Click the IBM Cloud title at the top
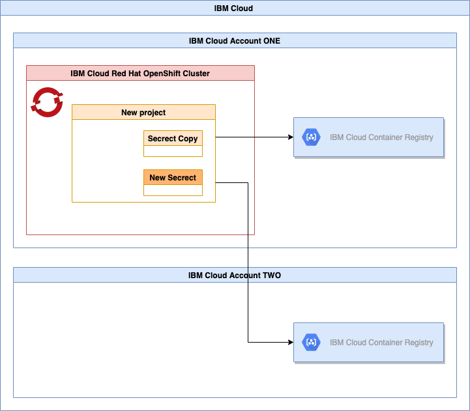pos(234,8)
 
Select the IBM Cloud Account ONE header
pos(234,40)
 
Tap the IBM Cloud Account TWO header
pos(234,276)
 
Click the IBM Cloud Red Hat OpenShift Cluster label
pos(140,73)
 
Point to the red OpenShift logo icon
pos(46,102)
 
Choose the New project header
pos(143,112)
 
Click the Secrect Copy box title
pos(173,139)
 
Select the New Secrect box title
pos(173,177)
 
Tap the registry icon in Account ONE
pos(311,137)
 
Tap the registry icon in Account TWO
pos(311,342)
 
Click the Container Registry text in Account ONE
pos(381,137)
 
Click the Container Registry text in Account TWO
pos(381,342)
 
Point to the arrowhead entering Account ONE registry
pos(289,137)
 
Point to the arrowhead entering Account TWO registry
pos(289,342)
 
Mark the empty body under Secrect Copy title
pos(173,151)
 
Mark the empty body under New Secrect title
pos(173,190)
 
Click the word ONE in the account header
pos(271,40)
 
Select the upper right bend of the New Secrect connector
pos(248,183)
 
